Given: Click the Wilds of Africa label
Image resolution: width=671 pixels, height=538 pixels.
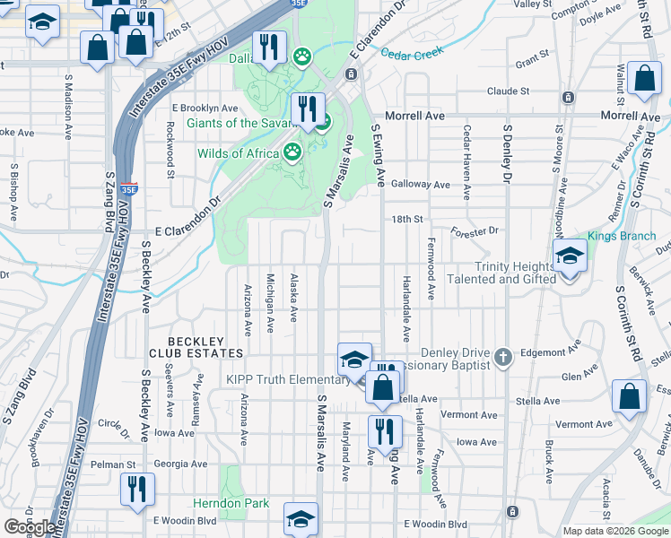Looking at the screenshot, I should click(x=239, y=153).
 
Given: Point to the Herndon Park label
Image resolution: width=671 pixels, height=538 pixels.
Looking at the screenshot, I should click(x=231, y=503).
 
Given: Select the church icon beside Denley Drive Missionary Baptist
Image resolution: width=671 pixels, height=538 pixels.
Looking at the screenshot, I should click(x=502, y=358).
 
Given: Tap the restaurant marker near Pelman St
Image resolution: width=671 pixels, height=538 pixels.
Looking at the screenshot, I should click(x=136, y=490).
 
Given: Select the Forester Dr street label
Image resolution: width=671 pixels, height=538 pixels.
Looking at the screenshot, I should click(x=475, y=230).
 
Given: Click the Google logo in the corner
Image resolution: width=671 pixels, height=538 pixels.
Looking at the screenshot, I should click(x=29, y=527).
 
